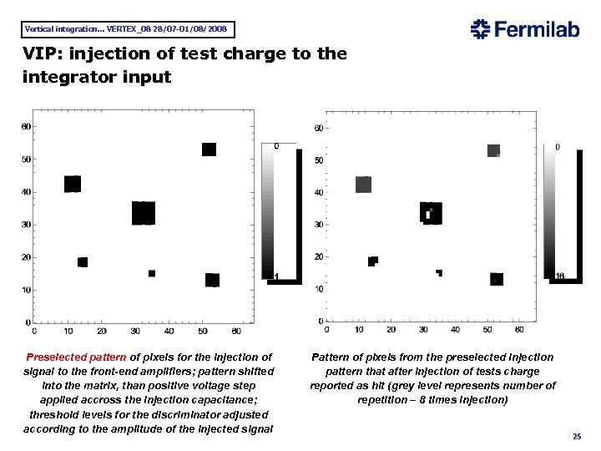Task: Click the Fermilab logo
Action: click(x=525, y=30)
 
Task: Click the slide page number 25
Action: click(x=576, y=437)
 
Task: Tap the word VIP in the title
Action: click(x=40, y=55)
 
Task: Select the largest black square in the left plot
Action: click(x=144, y=213)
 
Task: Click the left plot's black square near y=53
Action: click(x=209, y=149)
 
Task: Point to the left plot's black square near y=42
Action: click(x=73, y=184)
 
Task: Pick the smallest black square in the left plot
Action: click(x=152, y=273)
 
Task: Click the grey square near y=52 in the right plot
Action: click(x=493, y=151)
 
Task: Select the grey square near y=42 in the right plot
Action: click(x=363, y=185)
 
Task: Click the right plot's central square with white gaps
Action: click(x=431, y=212)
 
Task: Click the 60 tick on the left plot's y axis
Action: click(x=25, y=127)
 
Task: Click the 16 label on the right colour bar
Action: click(x=560, y=276)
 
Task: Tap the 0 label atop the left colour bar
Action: click(x=276, y=146)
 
